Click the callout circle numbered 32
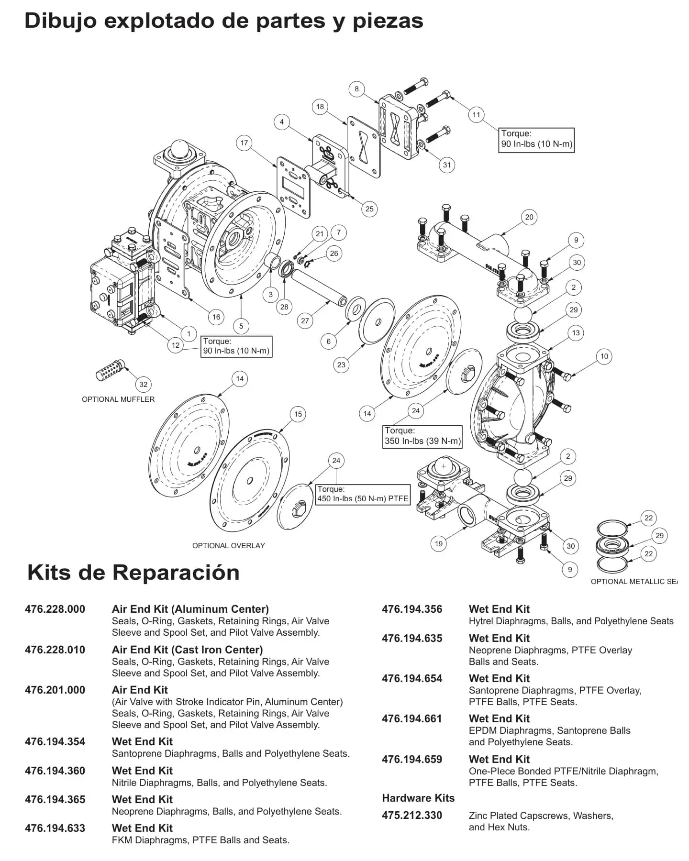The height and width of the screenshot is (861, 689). pos(144,384)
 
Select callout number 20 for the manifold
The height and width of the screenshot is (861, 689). pos(529,217)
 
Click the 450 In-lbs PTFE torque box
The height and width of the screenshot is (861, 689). pos(363,494)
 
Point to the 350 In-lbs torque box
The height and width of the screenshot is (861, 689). pos(423,436)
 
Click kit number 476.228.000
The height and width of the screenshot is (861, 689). pos(55,609)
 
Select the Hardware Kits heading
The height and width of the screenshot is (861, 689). pos(418,798)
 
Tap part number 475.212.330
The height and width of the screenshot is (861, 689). pos(412,815)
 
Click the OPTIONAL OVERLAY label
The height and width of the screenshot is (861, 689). pos(228,545)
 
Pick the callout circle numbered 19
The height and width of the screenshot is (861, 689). pos(439,543)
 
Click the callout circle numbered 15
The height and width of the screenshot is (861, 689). pos(298,414)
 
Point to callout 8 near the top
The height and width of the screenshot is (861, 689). pos(356,89)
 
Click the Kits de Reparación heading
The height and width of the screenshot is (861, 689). pos(133,572)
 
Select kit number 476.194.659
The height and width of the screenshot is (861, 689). pos(412,759)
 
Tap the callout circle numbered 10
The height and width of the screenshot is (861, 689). pos(604,356)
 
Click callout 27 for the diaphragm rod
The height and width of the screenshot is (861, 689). pos(305,320)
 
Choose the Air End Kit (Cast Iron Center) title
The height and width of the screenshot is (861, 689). pos(187,650)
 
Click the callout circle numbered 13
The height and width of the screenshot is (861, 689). pos(576,333)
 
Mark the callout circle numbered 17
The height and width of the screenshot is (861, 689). pos(244,143)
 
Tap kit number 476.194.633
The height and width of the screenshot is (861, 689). pos(55,828)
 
